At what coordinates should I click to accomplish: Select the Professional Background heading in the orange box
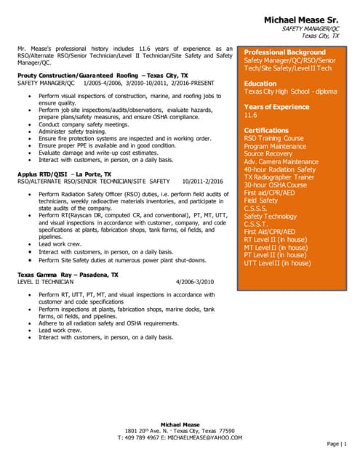[284, 52]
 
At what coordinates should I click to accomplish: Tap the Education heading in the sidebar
[260, 84]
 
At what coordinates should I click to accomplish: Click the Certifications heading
[266, 130]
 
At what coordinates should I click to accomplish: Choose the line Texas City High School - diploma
[289, 92]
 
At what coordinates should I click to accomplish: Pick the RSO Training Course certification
[273, 138]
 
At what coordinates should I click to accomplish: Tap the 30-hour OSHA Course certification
[275, 185]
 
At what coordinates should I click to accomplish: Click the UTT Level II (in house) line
[277, 263]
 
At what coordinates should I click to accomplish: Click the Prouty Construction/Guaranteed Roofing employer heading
[103, 75]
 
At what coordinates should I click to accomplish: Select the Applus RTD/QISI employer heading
[64, 174]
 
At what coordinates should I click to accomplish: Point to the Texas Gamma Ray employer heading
[68, 275]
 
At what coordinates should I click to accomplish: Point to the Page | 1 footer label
[338, 443]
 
